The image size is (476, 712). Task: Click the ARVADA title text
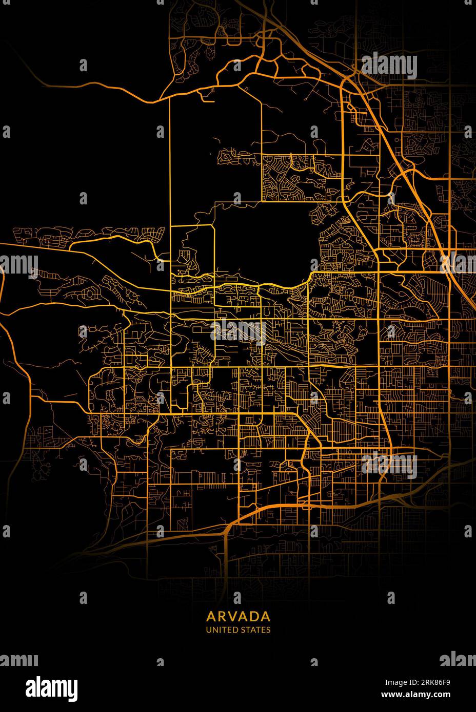(x=239, y=615)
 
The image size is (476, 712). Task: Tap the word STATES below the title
(x=255, y=630)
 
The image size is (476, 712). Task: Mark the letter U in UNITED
(x=208, y=630)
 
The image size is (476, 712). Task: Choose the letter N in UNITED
(x=214, y=630)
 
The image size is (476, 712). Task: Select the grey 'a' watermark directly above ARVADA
(x=237, y=597)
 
